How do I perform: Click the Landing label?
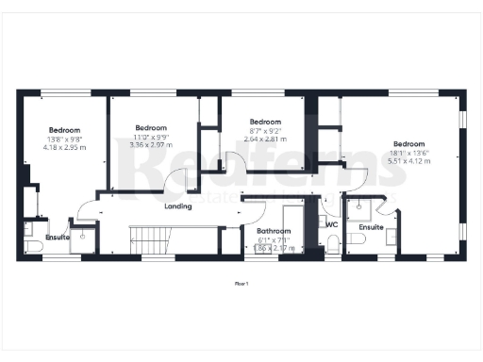[177, 206]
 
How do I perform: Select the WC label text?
[331, 224]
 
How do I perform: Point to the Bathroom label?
[275, 231]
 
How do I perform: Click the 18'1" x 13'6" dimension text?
[408, 153]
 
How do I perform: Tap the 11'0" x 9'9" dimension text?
[151, 137]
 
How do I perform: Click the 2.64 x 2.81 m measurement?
[265, 139]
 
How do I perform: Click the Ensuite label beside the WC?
[371, 227]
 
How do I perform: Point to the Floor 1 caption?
[241, 283]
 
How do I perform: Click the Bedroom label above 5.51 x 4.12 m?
[408, 144]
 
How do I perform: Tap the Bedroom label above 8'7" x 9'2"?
[265, 122]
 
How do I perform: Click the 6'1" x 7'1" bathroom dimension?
[275, 239]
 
